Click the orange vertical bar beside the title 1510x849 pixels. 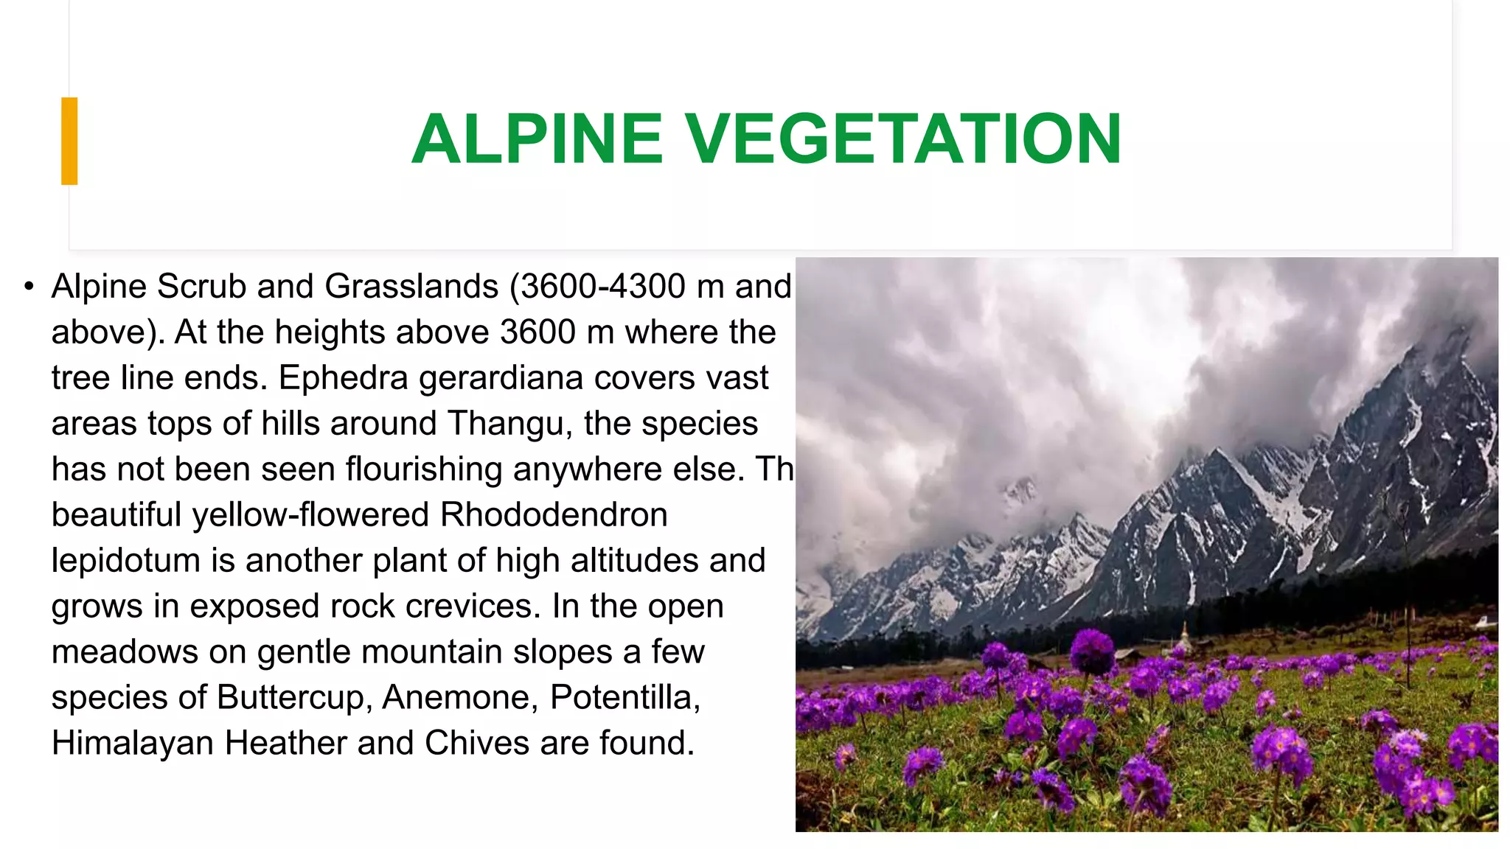click(69, 141)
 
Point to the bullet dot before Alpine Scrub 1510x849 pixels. click(29, 286)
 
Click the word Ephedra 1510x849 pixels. click(343, 377)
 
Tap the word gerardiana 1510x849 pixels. click(501, 377)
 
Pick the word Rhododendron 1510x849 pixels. click(554, 514)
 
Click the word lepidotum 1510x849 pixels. click(126, 560)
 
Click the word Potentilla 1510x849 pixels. click(624, 697)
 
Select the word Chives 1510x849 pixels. click(477, 743)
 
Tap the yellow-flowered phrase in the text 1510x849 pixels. click(310, 514)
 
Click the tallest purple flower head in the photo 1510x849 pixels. click(1092, 652)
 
